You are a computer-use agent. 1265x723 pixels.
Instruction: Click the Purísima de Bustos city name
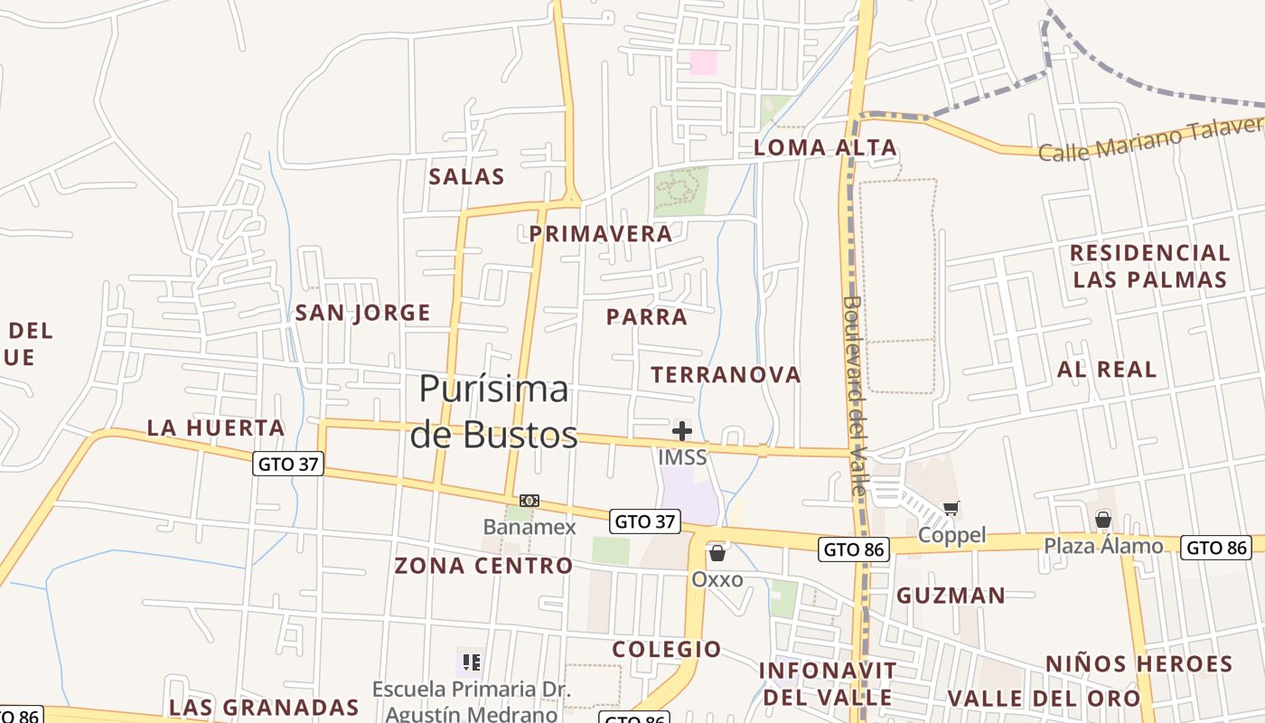pyautogui.click(x=493, y=412)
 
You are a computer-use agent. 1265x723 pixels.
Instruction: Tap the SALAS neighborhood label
pyautogui.click(x=466, y=176)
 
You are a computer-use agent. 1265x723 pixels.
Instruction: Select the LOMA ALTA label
pyautogui.click(x=825, y=148)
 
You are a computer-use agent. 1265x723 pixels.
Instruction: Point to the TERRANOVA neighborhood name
pyautogui.click(x=726, y=375)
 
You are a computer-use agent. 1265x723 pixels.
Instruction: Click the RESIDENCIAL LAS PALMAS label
pyautogui.click(x=1150, y=266)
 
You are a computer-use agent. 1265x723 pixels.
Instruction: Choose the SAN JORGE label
pyautogui.click(x=362, y=314)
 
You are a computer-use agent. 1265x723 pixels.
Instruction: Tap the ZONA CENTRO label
pyautogui.click(x=483, y=567)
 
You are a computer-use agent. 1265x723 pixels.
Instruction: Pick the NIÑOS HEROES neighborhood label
pyautogui.click(x=1138, y=664)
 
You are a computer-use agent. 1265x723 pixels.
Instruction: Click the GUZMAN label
pyautogui.click(x=951, y=596)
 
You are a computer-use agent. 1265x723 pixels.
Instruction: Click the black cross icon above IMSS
pyautogui.click(x=682, y=431)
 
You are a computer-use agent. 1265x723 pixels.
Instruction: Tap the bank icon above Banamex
pyautogui.click(x=529, y=501)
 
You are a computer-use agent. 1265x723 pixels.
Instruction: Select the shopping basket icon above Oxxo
pyautogui.click(x=717, y=553)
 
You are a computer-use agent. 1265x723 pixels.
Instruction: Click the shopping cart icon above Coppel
pyautogui.click(x=951, y=509)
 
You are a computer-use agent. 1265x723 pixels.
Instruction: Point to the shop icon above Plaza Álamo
pyautogui.click(x=1103, y=520)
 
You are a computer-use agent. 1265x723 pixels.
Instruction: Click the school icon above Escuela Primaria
pyautogui.click(x=469, y=662)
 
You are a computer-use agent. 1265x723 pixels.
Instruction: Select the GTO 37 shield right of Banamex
pyautogui.click(x=644, y=521)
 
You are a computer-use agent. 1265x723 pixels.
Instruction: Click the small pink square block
pyautogui.click(x=703, y=62)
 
